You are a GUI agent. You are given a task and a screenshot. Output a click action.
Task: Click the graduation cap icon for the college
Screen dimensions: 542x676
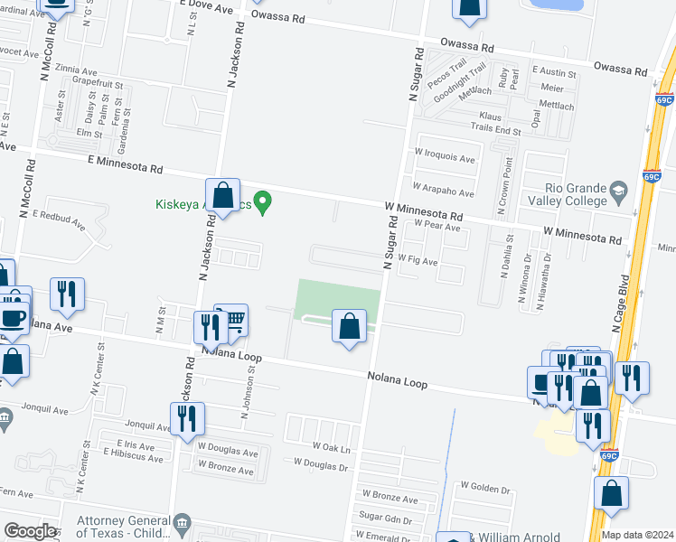tap(618, 190)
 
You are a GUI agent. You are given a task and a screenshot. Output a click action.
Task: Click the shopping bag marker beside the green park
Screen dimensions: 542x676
tap(349, 326)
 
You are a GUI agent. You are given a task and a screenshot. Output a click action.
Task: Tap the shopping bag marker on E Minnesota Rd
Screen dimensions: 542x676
tap(222, 194)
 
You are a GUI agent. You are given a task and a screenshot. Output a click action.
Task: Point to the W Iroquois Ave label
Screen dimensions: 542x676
tap(444, 158)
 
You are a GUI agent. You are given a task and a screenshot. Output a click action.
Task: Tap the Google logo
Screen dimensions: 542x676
tap(30, 531)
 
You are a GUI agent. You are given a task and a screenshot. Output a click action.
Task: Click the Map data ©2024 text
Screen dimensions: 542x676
tap(636, 535)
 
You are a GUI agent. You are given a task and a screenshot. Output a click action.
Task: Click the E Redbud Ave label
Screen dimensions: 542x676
tap(60, 215)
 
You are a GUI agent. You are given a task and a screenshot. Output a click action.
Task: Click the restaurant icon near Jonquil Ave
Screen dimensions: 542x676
tap(186, 418)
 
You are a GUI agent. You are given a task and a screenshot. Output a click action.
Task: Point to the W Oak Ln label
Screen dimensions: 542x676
tap(331, 447)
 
